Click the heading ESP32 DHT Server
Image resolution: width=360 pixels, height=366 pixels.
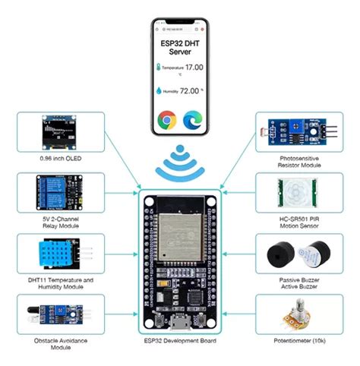tap(181, 44)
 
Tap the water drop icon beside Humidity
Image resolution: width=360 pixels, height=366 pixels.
tap(159, 91)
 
